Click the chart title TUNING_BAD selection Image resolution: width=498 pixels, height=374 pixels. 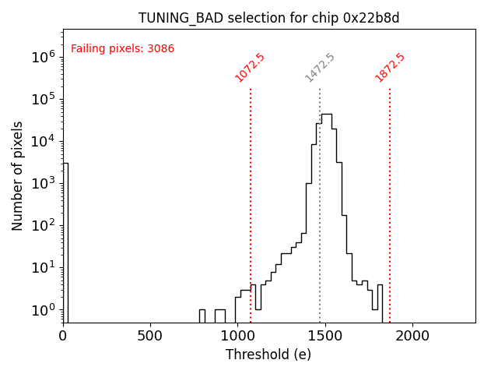pyautogui.click(x=268, y=18)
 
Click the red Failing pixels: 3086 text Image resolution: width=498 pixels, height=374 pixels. pyautogui.click(x=122, y=49)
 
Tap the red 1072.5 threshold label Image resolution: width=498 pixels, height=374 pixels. pyautogui.click(x=250, y=68)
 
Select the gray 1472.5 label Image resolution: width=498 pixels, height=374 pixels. pyautogui.click(x=320, y=68)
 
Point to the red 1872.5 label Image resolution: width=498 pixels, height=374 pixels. pyautogui.click(x=390, y=68)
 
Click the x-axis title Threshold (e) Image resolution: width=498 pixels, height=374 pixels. pyautogui.click(x=268, y=355)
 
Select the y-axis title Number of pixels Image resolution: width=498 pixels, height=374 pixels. pyautogui.click(x=18, y=175)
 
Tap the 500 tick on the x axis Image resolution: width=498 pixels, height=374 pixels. pyautogui.click(x=150, y=336)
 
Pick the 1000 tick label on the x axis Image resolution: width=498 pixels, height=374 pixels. pyautogui.click(x=237, y=336)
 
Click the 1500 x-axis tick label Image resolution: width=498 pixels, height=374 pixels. pyautogui.click(x=324, y=336)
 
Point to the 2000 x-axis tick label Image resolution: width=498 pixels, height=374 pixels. pyautogui.click(x=412, y=336)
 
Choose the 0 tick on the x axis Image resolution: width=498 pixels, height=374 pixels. pyautogui.click(x=63, y=336)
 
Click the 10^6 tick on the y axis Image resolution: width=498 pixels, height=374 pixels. pyautogui.click(x=42, y=57)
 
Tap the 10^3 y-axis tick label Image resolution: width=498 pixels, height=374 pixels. pyautogui.click(x=42, y=183)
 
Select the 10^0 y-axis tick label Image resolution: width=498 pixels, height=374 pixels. pyautogui.click(x=42, y=310)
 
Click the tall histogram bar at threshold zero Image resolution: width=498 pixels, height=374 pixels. pyautogui.click(x=65, y=242)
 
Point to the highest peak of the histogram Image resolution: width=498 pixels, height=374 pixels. pyautogui.click(x=327, y=115)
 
